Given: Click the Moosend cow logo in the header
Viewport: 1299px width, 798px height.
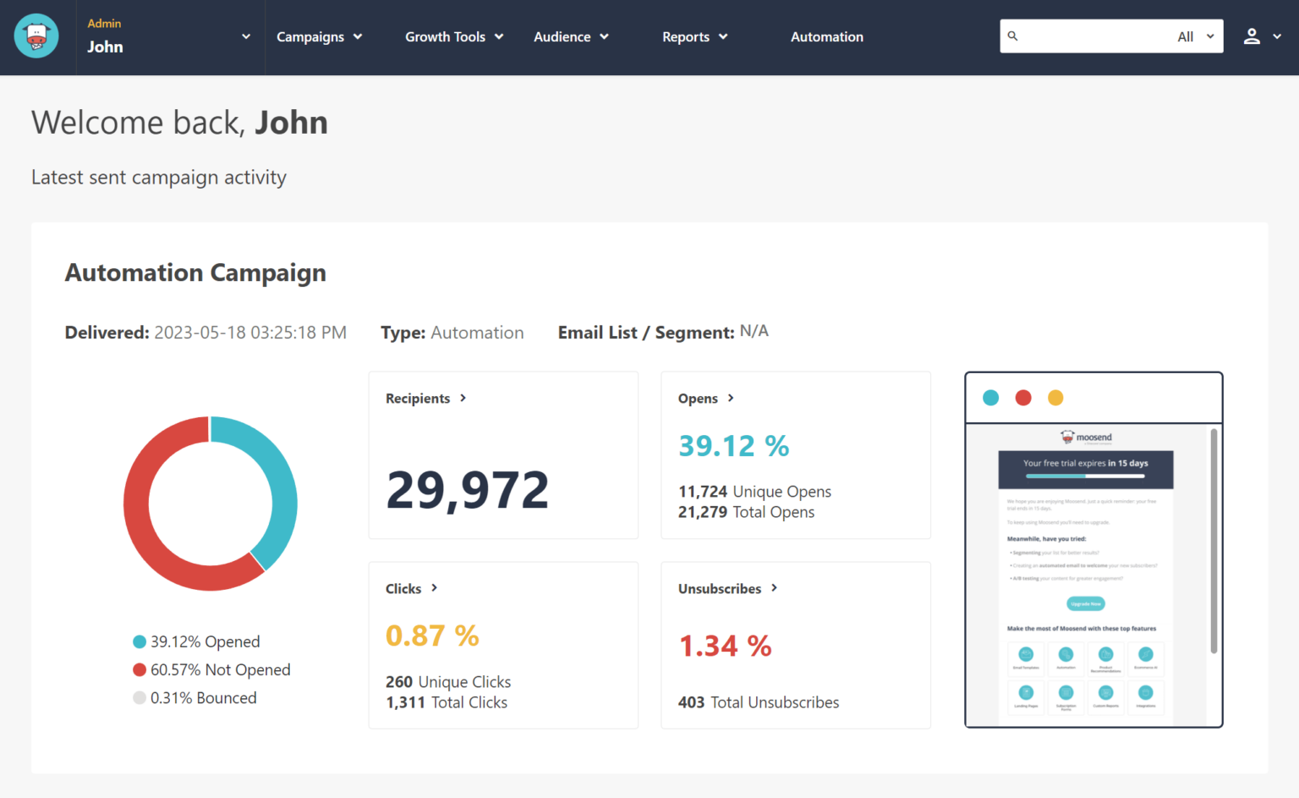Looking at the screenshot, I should click(36, 36).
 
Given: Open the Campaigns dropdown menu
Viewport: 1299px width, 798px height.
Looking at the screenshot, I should click(319, 36).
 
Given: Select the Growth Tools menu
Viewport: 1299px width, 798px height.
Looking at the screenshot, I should click(453, 36).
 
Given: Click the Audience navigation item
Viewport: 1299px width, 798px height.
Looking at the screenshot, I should click(571, 36).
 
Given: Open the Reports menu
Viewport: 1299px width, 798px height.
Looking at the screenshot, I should click(694, 36).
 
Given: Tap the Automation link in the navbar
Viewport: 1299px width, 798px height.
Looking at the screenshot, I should click(826, 36).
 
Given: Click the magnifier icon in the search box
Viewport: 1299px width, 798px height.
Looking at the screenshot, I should click(1012, 36).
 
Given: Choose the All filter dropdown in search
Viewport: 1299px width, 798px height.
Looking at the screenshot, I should click(1195, 36).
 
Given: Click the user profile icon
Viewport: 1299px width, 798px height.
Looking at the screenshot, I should click(1252, 36).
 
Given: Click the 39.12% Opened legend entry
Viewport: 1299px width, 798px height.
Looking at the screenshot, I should click(196, 641).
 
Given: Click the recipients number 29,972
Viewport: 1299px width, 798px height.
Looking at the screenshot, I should click(467, 489).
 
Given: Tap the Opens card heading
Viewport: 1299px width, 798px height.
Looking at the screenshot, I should click(699, 399).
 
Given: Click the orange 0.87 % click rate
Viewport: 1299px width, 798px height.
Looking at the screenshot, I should click(432, 636).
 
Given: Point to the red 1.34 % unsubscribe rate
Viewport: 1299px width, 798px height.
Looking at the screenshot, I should click(725, 647).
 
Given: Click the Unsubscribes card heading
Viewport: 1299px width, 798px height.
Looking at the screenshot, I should click(720, 589).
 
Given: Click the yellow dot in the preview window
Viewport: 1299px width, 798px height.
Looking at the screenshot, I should click(1055, 398).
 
